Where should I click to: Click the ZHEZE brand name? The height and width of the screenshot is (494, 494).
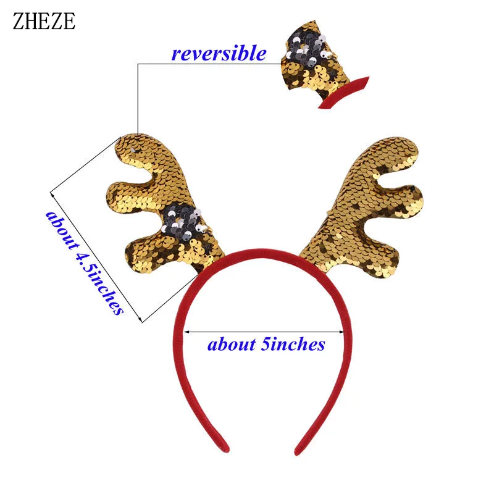coord(43,21)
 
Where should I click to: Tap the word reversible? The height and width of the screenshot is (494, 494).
coord(219,54)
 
